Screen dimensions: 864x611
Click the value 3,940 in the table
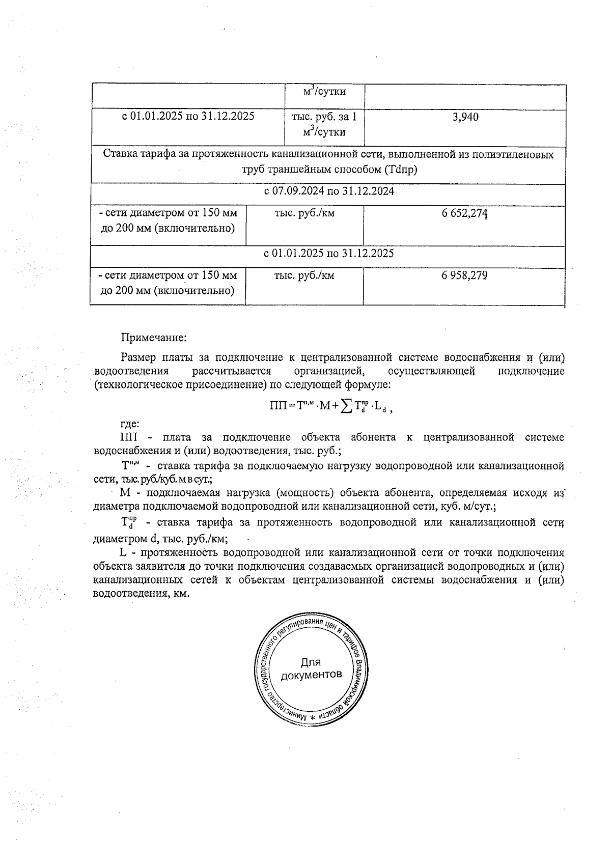click(465, 117)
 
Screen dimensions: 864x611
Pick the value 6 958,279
click(465, 276)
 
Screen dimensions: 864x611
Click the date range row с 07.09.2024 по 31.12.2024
click(328, 192)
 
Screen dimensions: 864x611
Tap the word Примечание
click(154, 337)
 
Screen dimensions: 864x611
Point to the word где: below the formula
click(130, 424)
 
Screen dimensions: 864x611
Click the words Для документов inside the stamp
click(311, 668)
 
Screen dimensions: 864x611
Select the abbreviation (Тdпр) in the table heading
click(400, 170)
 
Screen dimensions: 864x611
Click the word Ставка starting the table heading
click(119, 154)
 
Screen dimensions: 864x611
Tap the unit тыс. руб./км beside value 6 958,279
click(304, 276)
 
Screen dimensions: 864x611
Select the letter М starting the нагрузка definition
click(125, 492)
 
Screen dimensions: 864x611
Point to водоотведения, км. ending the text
click(141, 594)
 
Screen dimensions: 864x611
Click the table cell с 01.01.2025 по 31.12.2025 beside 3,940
click(188, 117)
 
